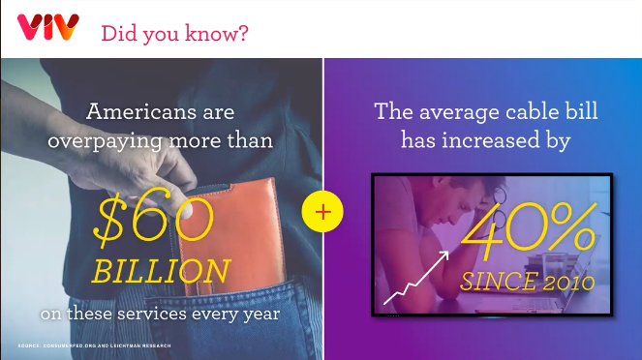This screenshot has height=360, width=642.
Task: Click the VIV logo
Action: click(x=47, y=27)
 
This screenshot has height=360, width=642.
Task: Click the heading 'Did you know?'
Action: click(x=174, y=33)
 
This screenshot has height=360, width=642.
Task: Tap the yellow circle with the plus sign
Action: click(x=322, y=212)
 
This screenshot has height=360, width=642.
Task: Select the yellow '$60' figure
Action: click(x=154, y=220)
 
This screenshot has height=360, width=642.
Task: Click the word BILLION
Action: click(x=161, y=270)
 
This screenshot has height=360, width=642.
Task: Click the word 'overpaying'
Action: click(x=105, y=142)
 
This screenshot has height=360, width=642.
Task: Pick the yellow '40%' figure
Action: click(x=528, y=231)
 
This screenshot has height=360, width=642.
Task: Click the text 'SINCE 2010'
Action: click(x=528, y=282)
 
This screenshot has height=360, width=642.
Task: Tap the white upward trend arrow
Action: click(x=416, y=278)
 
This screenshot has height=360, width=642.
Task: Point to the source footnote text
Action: click(x=95, y=346)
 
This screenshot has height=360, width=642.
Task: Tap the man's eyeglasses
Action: click(x=499, y=212)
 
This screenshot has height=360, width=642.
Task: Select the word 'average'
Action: click(x=459, y=112)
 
